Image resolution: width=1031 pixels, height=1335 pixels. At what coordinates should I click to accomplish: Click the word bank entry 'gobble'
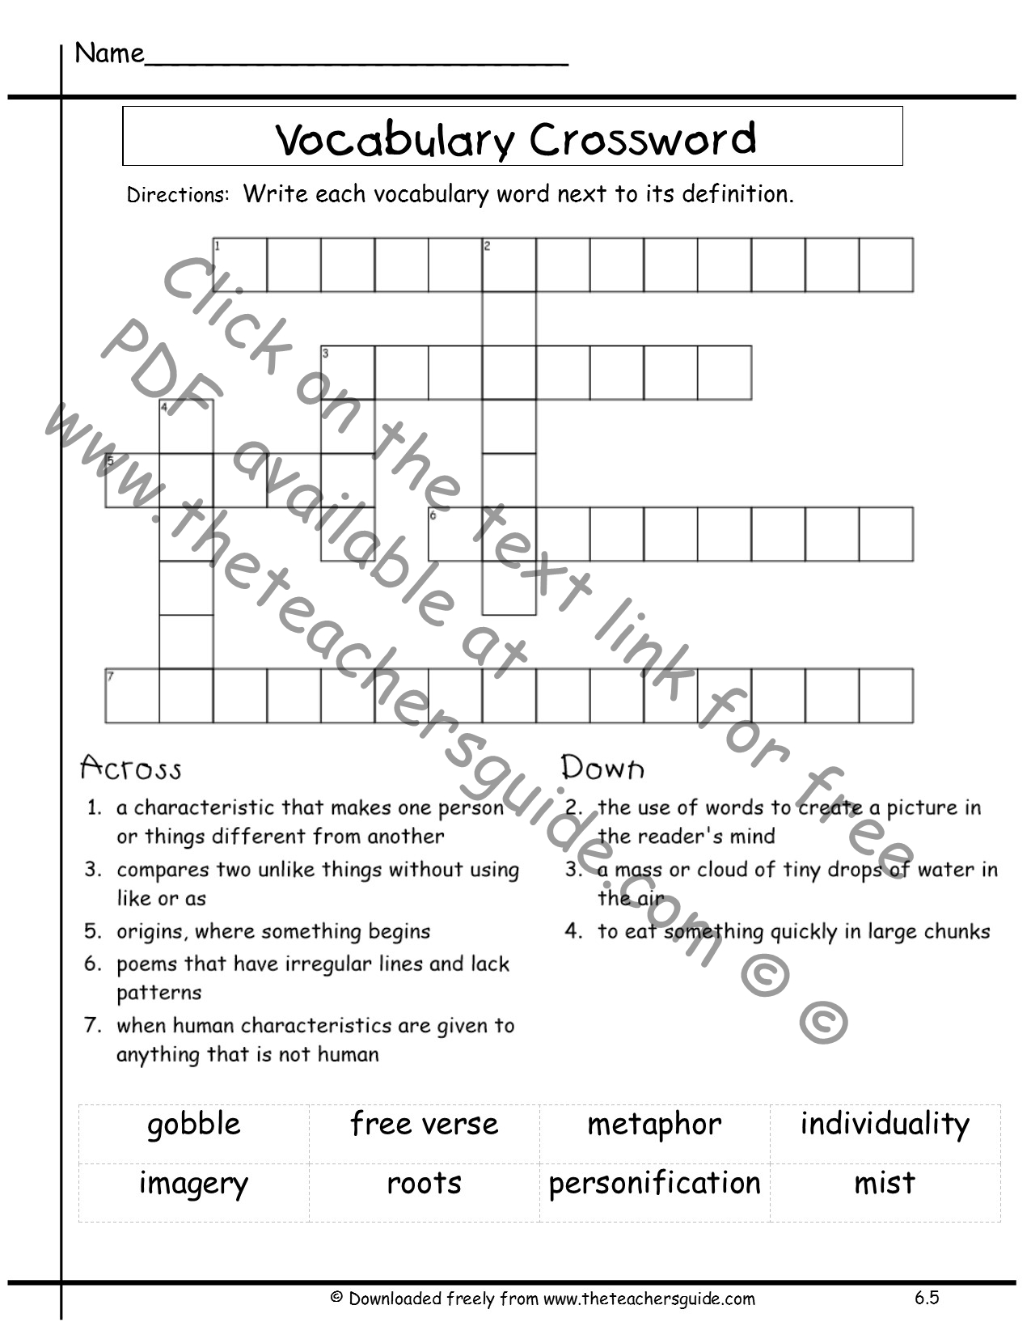(x=194, y=1125)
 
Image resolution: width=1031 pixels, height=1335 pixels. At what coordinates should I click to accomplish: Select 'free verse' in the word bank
(x=424, y=1124)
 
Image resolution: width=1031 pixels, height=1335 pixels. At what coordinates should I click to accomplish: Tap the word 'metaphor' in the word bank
(x=654, y=1125)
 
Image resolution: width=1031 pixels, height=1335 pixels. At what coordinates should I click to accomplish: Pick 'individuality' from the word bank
(x=885, y=1124)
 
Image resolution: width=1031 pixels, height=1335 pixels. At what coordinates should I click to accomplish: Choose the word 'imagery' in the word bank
(x=193, y=1184)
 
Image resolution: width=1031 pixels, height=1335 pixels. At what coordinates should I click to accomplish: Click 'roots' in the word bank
(x=424, y=1184)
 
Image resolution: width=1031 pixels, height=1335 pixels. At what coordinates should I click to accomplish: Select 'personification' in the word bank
(x=654, y=1184)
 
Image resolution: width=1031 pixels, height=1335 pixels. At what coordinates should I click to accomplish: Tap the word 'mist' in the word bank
(x=885, y=1184)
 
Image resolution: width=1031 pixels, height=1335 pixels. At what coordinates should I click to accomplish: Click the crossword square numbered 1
(x=240, y=265)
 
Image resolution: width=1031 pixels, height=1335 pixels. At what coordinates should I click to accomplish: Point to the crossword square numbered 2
(x=509, y=265)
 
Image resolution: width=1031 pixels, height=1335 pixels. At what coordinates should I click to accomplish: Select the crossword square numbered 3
(x=348, y=373)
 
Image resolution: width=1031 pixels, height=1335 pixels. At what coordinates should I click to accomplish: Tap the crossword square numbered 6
(x=455, y=534)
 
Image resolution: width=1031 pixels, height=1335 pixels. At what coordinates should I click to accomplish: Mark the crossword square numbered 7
(x=133, y=696)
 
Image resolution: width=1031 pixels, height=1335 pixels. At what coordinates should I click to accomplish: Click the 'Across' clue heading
(x=131, y=768)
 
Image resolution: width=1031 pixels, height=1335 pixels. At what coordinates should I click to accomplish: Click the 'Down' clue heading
(x=602, y=768)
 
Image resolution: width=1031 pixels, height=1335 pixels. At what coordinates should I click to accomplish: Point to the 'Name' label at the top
(x=109, y=53)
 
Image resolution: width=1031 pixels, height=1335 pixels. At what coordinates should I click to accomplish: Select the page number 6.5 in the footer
(x=927, y=1298)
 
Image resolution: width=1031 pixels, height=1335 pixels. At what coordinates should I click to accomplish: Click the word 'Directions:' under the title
(x=178, y=196)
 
